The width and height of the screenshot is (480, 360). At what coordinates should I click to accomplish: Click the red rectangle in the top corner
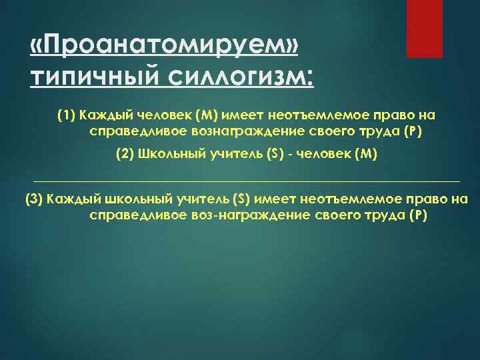pyautogui.click(x=425, y=29)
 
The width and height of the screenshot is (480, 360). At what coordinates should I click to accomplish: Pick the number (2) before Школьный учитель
pyautogui.click(x=125, y=154)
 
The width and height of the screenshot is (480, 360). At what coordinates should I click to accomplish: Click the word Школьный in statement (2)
pyautogui.click(x=166, y=154)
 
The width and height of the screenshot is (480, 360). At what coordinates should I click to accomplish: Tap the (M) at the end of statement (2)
pyautogui.click(x=366, y=154)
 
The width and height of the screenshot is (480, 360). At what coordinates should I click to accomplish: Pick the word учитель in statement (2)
pyautogui.click(x=223, y=154)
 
